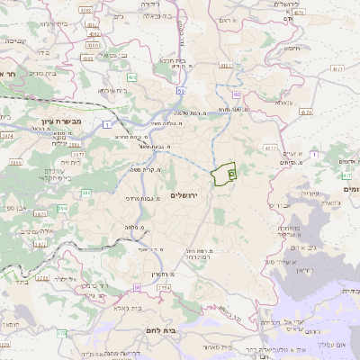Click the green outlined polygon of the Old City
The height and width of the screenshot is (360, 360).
pos(222,173)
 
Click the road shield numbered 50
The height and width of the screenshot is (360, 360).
pos(181,91)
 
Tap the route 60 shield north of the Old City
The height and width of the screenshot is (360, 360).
pos(236,93)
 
